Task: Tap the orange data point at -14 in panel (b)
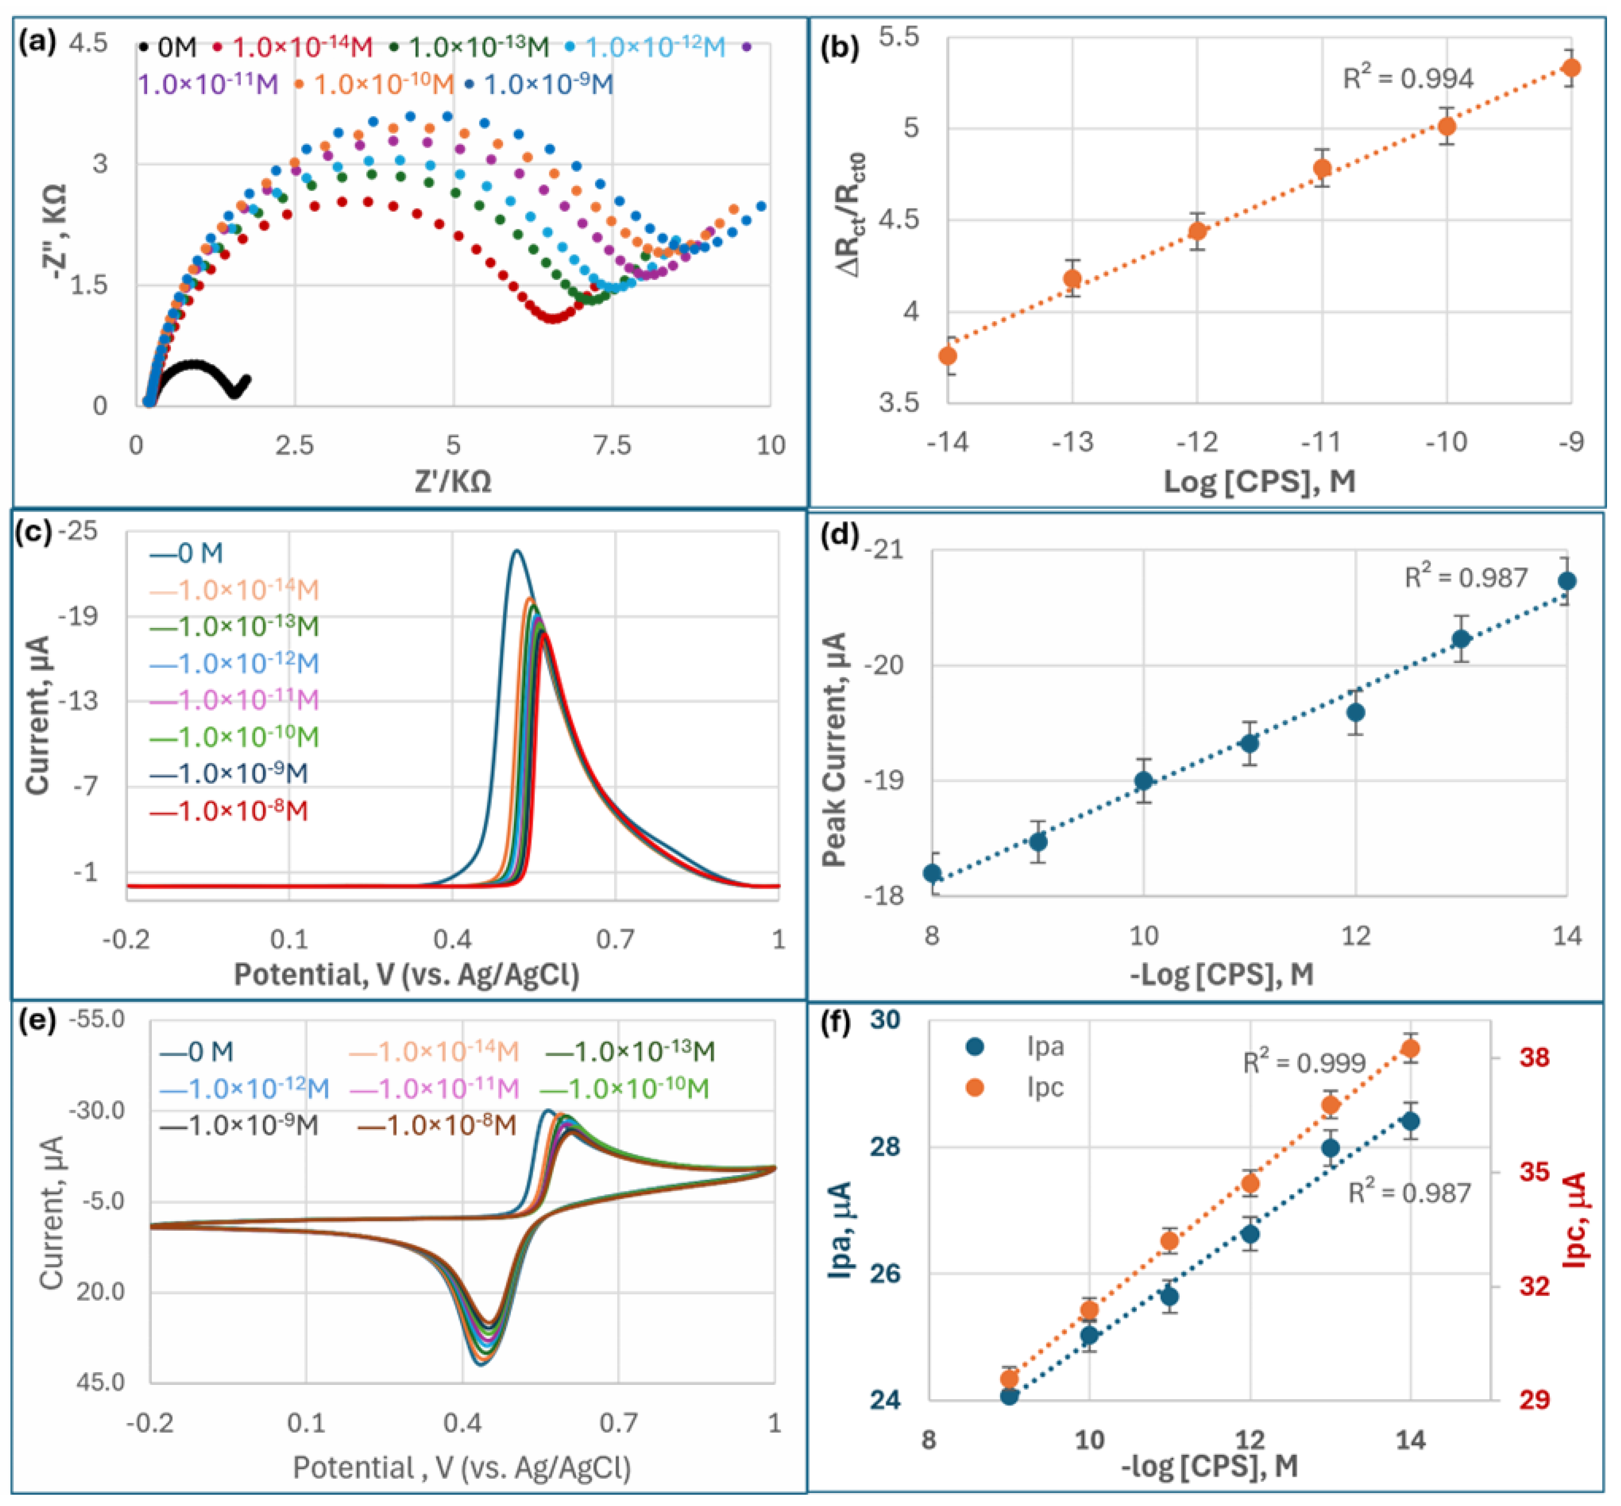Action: pos(947,356)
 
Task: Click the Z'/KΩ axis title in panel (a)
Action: pos(453,481)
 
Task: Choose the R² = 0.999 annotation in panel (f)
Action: pos(1303,1063)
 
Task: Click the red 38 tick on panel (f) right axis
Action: pos(1534,1058)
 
